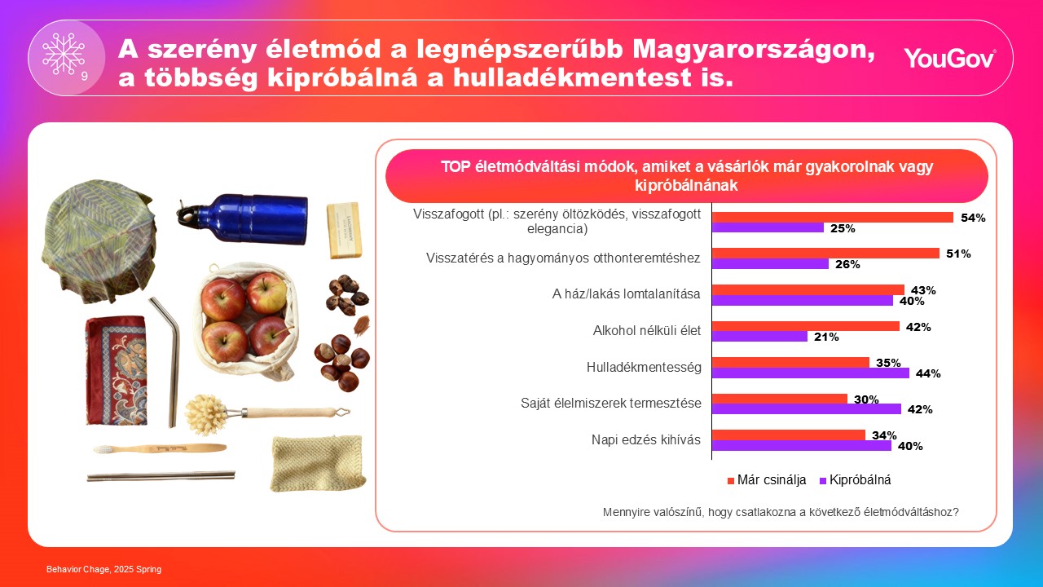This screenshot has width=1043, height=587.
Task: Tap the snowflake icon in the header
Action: [x=64, y=54]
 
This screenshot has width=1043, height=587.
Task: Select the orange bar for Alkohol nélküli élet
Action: [x=806, y=326]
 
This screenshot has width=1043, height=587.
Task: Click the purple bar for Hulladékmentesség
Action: [x=811, y=373]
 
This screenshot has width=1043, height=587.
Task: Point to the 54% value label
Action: [x=973, y=218]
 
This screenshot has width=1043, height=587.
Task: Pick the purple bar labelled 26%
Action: [x=771, y=264]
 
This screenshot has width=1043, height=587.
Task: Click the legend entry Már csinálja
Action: [x=766, y=480]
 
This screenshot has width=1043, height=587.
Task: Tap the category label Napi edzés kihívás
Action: [x=646, y=440]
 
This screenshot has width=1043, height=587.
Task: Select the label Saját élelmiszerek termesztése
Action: [x=611, y=403]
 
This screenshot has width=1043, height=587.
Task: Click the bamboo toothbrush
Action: [x=159, y=448]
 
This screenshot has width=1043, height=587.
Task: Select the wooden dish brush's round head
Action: [x=203, y=413]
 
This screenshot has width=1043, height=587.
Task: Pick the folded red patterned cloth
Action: [x=115, y=369]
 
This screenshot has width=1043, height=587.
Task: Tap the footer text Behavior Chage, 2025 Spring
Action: [x=103, y=569]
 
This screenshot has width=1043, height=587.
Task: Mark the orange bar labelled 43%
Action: [x=808, y=289]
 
